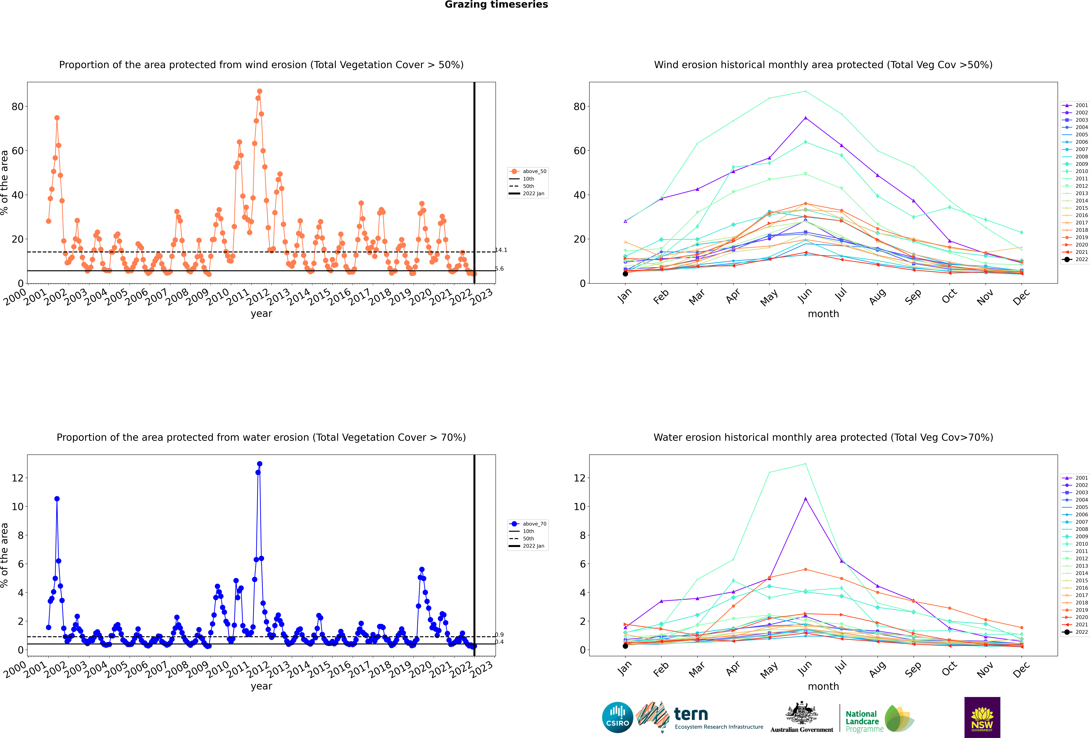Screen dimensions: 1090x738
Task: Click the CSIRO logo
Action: (x=617, y=717)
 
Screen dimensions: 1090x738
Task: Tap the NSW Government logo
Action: (x=982, y=717)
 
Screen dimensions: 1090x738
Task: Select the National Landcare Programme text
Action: (x=864, y=722)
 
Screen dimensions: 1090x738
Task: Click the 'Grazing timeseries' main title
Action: (x=496, y=5)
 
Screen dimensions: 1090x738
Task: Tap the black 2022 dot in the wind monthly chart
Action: (x=625, y=274)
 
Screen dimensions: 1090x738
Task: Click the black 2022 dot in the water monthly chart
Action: (x=625, y=646)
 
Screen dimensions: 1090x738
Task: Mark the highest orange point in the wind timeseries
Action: (x=259, y=91)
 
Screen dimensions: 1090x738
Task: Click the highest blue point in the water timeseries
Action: (x=259, y=464)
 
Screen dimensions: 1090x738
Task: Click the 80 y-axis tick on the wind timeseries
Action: (x=17, y=107)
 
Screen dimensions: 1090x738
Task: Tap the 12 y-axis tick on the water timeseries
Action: (x=17, y=478)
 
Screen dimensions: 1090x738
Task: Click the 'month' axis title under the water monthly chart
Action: (x=823, y=686)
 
